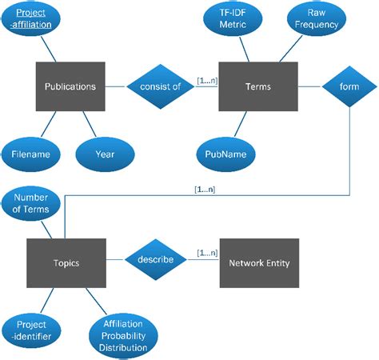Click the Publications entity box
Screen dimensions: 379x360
tap(70, 86)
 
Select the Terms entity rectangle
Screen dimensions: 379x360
tap(258, 86)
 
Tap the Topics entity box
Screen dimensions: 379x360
tap(66, 263)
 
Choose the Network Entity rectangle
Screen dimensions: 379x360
tap(259, 263)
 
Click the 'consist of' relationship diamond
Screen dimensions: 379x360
tap(161, 86)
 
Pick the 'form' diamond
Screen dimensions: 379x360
tap(349, 86)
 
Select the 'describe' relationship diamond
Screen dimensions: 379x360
tap(156, 259)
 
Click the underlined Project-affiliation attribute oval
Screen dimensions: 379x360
tap(31, 18)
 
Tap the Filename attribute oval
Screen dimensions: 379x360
tap(31, 154)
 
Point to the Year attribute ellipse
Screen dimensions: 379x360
tap(105, 154)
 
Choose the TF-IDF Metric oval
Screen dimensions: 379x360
tap(233, 18)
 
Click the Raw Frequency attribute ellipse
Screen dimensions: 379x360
tap(317, 18)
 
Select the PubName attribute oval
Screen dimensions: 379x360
tap(225, 154)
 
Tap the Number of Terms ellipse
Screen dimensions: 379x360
tap(31, 203)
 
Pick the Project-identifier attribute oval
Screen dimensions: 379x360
tap(31, 330)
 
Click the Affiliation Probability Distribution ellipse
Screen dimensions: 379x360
tap(123, 336)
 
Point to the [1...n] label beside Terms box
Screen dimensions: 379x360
tap(207, 81)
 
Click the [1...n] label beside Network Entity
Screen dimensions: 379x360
tap(207, 253)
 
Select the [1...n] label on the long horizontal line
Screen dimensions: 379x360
tap(205, 190)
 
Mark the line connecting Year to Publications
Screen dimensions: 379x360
tap(90, 124)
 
